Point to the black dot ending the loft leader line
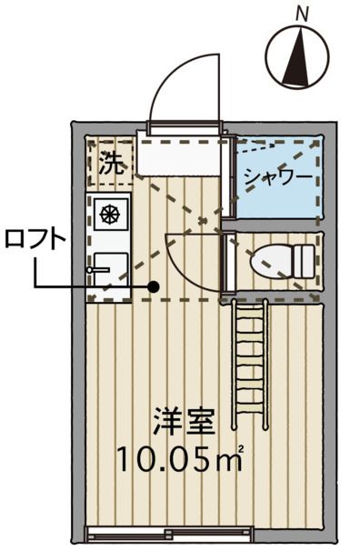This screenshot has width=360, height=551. pos(154,287)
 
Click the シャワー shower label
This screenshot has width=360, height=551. pos(278,175)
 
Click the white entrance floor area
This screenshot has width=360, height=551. pos(178,158)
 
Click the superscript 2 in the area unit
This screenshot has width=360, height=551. pos(241,450)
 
